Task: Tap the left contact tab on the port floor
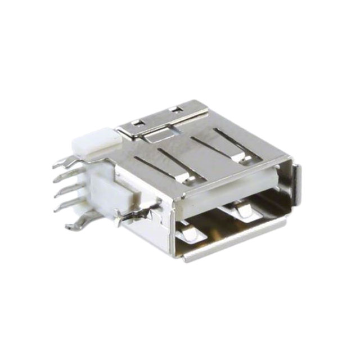(x=189, y=231)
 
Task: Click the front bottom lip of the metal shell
(x=236, y=239)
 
